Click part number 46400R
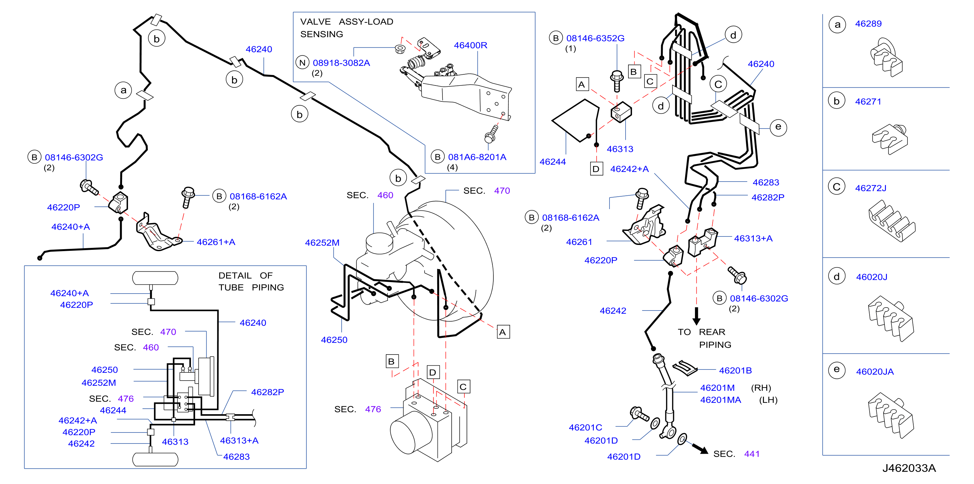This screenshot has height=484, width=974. [471, 45]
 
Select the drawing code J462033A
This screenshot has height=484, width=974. [909, 468]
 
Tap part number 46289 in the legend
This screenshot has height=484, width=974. [868, 24]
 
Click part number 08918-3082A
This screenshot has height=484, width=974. [341, 63]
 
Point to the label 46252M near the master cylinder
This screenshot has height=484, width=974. [322, 243]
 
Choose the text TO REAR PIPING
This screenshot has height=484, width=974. [704, 338]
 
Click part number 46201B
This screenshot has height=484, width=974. [735, 371]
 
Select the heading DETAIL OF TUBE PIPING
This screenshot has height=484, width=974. [251, 281]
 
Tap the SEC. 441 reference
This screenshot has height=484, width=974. [736, 454]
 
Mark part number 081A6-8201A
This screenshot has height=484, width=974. [477, 157]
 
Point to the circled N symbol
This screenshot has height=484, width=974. [302, 63]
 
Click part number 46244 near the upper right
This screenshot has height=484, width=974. [553, 162]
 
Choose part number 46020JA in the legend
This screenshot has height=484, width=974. [875, 372]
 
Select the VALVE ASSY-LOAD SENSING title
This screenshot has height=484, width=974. [347, 28]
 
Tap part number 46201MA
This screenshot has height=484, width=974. [721, 400]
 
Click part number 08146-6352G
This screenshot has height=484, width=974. [595, 38]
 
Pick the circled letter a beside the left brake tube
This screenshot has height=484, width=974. [123, 90]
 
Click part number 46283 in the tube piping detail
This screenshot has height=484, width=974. [236, 457]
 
